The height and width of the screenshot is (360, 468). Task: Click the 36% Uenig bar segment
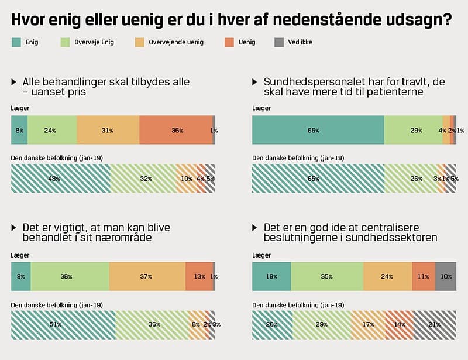[x=176, y=130]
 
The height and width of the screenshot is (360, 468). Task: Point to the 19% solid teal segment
[x=271, y=276]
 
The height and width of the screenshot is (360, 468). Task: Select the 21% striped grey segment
[x=435, y=324]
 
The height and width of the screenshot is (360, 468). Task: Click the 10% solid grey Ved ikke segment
[x=446, y=276]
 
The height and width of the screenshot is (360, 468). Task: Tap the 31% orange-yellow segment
[x=108, y=130]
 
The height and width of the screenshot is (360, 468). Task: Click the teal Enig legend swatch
[x=16, y=43]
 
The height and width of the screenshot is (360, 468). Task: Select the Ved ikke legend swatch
[x=279, y=43]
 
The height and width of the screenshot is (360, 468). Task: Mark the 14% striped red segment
[x=399, y=324]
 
